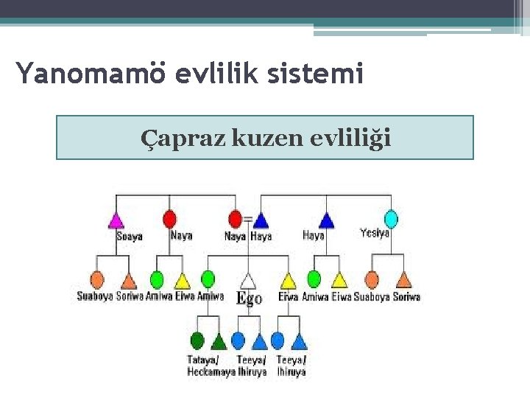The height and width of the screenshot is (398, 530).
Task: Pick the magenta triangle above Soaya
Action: click(x=116, y=219)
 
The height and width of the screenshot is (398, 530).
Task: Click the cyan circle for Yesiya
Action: click(x=391, y=218)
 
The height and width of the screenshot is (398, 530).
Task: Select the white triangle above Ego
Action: click(x=249, y=280)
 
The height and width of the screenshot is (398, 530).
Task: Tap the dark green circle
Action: click(x=197, y=341)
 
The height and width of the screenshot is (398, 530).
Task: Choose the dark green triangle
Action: click(x=219, y=341)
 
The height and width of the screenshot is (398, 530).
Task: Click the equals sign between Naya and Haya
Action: click(x=248, y=219)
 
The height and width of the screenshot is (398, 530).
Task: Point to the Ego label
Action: click(x=249, y=298)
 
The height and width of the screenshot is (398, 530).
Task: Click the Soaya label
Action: click(x=130, y=237)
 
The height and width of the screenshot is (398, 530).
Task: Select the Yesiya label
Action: click(x=374, y=233)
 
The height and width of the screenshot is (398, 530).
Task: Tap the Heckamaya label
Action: click(x=211, y=371)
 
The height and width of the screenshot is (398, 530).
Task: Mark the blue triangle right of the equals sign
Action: click(x=261, y=219)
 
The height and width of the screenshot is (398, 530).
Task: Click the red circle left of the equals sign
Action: click(x=236, y=219)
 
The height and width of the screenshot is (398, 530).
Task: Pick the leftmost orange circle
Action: click(x=96, y=279)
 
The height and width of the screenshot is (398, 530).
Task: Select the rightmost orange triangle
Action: click(x=403, y=279)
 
